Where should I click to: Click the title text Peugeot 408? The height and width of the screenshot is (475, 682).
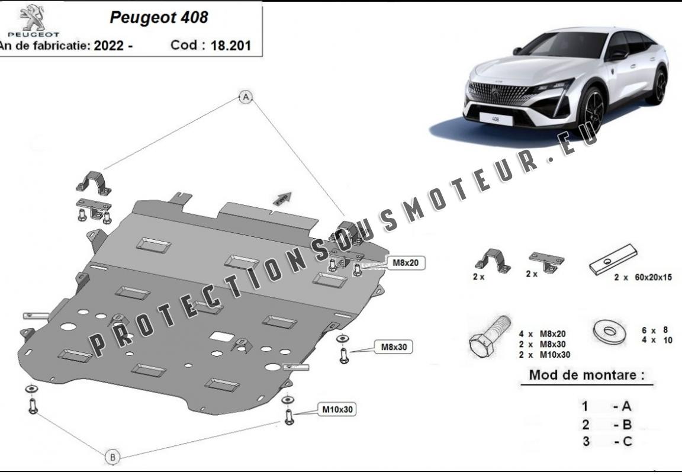(x=159, y=17)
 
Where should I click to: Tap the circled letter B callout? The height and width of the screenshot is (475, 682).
(x=112, y=457)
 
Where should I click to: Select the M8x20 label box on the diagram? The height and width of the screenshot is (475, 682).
(x=407, y=262)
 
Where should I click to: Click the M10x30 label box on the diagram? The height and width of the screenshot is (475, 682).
(x=339, y=409)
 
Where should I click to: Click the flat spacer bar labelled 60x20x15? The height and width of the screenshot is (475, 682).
(x=613, y=262)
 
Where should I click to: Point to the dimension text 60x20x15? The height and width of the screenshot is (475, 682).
(x=652, y=277)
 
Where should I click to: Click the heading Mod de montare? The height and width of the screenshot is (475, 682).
(x=586, y=374)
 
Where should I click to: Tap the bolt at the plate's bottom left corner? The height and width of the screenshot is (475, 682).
(x=32, y=405)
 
